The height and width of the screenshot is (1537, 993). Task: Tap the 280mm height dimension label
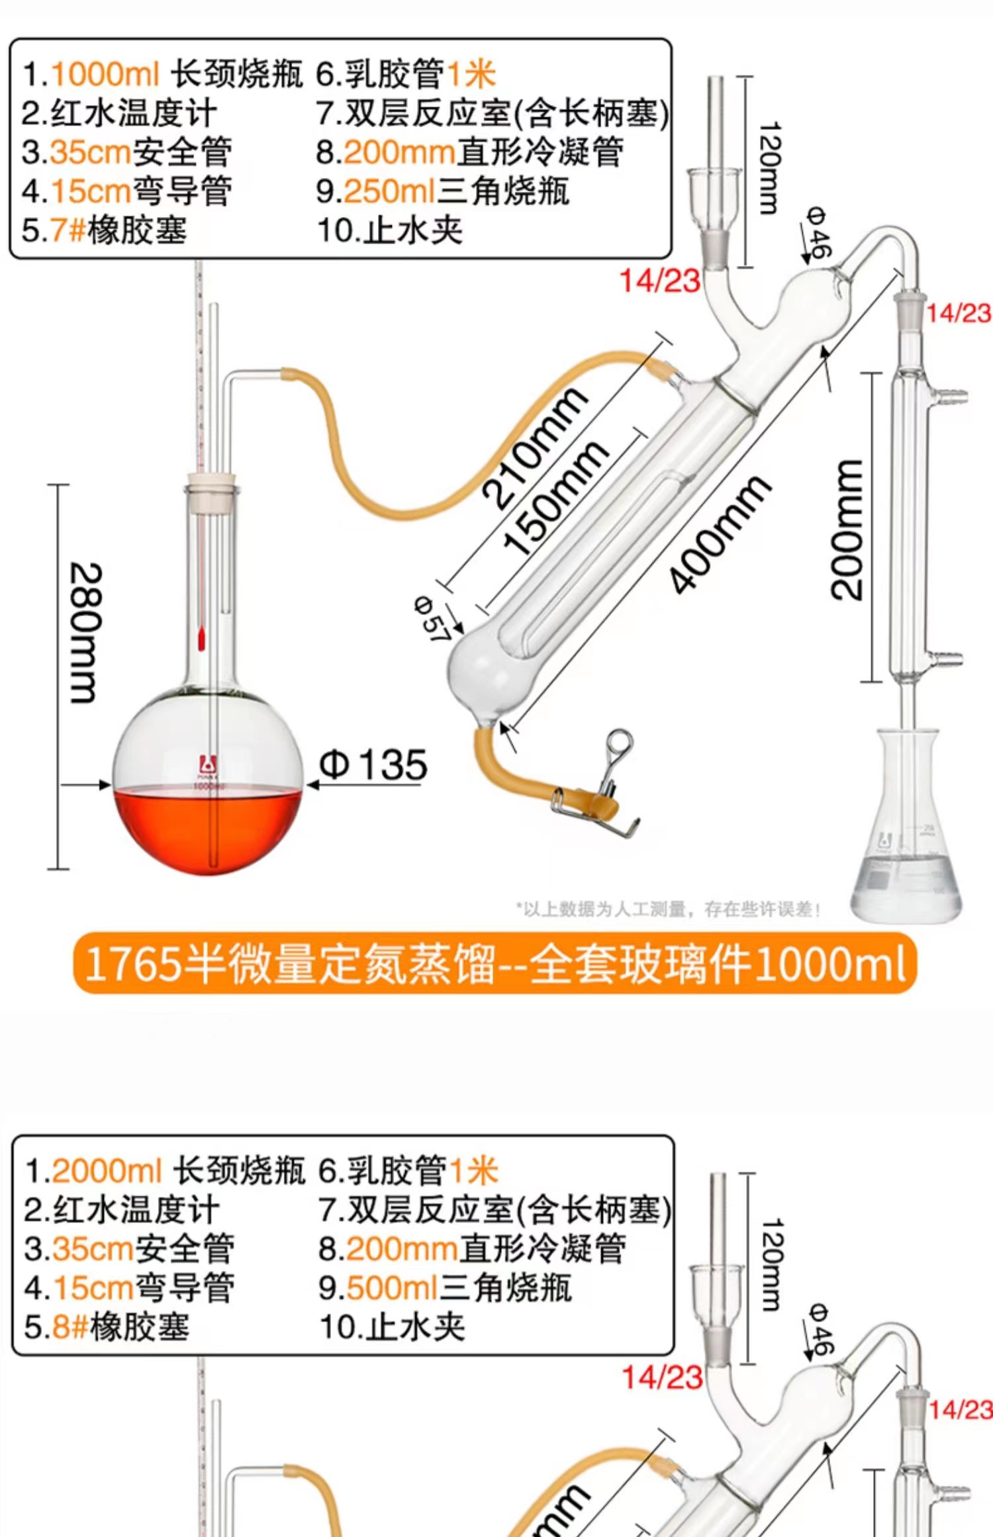[x=86, y=632]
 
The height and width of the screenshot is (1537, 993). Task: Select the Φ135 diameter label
[x=373, y=765]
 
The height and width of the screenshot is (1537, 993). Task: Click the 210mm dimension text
[x=534, y=449]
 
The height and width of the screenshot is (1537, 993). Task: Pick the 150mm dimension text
[x=555, y=496]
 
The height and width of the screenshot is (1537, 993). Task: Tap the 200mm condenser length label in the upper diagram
[x=847, y=530]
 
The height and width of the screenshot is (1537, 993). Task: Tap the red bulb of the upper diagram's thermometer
[x=201, y=639]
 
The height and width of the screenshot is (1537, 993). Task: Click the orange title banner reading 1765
[x=495, y=964]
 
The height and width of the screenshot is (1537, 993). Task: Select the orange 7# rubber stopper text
[x=68, y=230]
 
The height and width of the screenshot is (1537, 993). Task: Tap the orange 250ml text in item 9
[x=389, y=191]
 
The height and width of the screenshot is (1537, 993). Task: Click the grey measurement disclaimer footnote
[x=669, y=909]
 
